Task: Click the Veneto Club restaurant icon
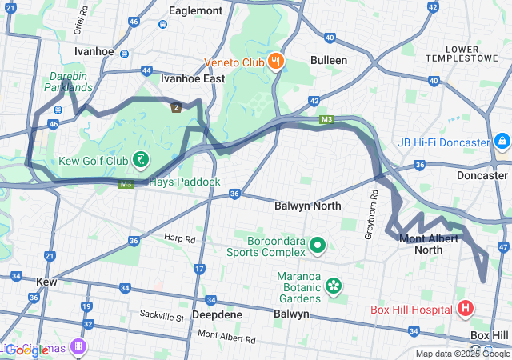(x=274, y=61)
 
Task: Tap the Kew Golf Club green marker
(x=141, y=160)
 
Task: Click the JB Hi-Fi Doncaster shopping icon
(x=502, y=142)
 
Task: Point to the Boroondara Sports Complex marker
(x=317, y=245)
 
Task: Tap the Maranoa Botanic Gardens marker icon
(x=334, y=285)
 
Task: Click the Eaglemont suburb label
(x=195, y=11)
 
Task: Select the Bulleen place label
(x=329, y=60)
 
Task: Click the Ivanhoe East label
(x=193, y=79)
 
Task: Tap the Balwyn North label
(x=307, y=206)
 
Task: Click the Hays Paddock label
(x=184, y=182)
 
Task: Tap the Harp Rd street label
(x=179, y=238)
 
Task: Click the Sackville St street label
(x=162, y=318)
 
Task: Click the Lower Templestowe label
(x=474, y=53)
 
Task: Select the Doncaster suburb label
(x=482, y=175)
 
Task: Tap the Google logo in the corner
(x=26, y=350)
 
